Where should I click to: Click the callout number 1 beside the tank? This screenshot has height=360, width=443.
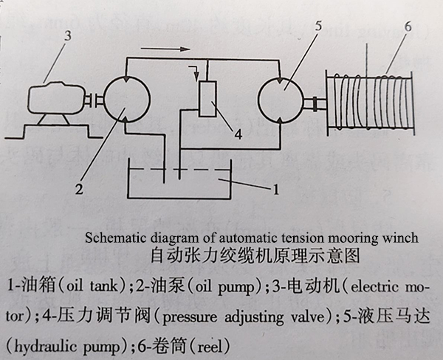[x=275, y=191]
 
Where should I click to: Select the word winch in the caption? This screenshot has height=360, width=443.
[x=402, y=238]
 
